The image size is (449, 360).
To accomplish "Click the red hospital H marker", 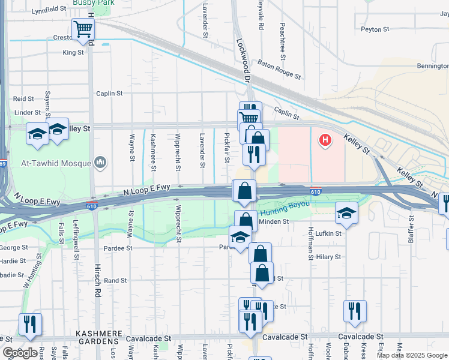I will [325, 140].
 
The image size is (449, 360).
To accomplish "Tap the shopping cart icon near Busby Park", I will [82, 28].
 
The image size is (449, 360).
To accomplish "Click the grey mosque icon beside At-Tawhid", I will [100, 163].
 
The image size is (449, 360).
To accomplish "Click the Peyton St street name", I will [375, 29].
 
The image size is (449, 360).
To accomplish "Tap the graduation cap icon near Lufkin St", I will [346, 214].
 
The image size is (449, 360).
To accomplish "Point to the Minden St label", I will [274, 221].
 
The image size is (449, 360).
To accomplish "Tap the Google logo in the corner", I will [20, 353].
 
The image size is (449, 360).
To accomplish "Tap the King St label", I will [73, 53].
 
